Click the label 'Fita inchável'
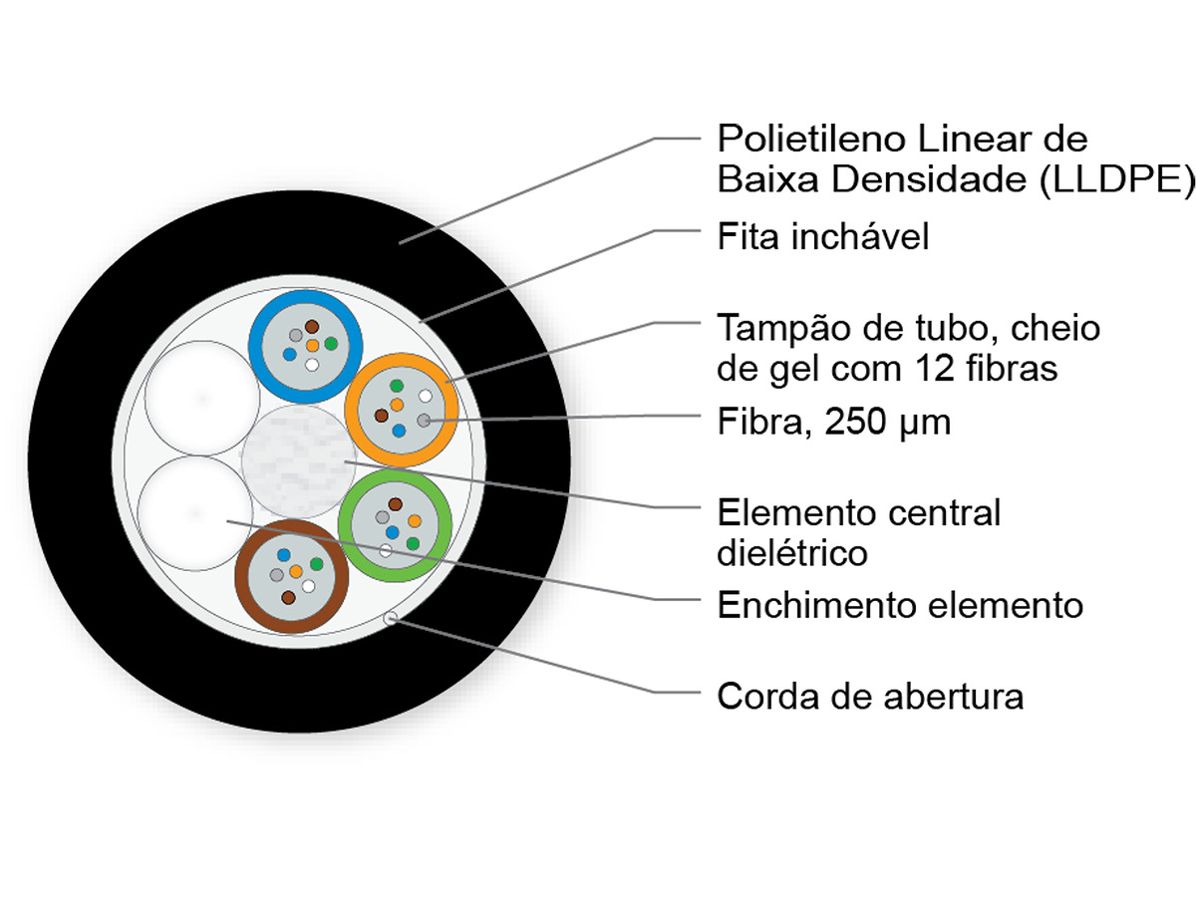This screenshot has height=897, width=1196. click(x=822, y=236)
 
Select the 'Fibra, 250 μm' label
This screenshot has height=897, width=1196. click(x=833, y=422)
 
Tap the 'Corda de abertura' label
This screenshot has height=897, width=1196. click(x=870, y=697)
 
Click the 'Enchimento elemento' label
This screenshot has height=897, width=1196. click(x=900, y=605)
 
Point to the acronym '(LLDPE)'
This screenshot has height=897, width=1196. click(x=1116, y=178)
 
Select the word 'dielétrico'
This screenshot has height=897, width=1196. click(x=791, y=553)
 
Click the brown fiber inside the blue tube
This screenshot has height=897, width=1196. click(x=312, y=327)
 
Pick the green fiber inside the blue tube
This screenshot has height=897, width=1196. click(x=331, y=344)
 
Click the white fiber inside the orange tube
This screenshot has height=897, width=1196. click(x=426, y=396)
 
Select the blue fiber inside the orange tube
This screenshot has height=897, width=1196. click(x=399, y=431)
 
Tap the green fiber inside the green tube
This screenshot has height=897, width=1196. click(x=413, y=543)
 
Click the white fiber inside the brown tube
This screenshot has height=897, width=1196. click(x=308, y=586)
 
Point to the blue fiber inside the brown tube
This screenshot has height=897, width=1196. click(x=283, y=555)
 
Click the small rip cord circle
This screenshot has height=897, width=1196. click(x=390, y=618)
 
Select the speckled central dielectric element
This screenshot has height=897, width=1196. click(x=298, y=461)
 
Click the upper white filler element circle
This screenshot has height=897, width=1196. click(x=202, y=398)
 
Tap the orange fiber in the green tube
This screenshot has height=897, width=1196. click(x=414, y=521)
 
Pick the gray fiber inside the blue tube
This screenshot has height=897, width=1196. click(x=295, y=335)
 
